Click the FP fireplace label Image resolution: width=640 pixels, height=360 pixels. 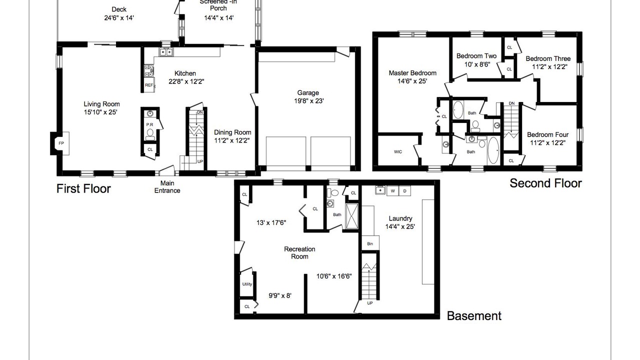[61, 143]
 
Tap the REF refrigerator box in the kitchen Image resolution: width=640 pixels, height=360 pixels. [149, 85]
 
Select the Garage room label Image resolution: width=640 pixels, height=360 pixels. [308, 92]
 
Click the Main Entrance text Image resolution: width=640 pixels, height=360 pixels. [167, 187]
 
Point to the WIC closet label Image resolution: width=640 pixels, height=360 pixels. [398, 151]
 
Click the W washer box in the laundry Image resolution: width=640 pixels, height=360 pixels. [393, 191]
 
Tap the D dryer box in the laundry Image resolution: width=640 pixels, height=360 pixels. [404, 191]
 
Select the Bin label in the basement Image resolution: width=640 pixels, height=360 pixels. [370, 243]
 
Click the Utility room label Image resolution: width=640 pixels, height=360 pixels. [247, 284]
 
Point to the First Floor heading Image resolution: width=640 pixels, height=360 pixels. [83, 188]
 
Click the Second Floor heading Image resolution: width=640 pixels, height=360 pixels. [545, 183]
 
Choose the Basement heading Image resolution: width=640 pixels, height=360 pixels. [474, 315]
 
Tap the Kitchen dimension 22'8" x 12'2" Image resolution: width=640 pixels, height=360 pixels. [186, 81]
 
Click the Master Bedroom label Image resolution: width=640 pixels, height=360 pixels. [412, 73]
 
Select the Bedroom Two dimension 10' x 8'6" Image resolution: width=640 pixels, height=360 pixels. [477, 64]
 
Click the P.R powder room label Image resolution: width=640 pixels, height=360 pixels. [149, 124]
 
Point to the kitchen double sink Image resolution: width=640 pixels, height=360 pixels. [166, 52]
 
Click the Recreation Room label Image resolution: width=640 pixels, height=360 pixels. [299, 252]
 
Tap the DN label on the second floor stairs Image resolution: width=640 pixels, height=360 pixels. [511, 103]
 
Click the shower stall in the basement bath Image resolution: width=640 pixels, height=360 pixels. [351, 216]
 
